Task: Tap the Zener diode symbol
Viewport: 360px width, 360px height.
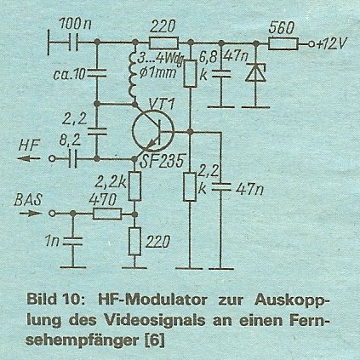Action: point(255,72)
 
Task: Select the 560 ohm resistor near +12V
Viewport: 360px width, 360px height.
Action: point(283,44)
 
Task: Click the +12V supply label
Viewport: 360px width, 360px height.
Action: point(331,44)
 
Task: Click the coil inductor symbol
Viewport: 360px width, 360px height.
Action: point(133,75)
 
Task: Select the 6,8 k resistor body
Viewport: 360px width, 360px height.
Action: point(190,73)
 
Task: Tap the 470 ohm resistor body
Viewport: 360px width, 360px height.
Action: point(107,214)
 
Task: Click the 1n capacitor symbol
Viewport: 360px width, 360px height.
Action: point(72,241)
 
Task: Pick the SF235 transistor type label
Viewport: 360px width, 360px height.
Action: point(162,163)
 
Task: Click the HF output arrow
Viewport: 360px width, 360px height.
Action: point(30,158)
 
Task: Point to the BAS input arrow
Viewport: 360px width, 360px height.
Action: point(30,214)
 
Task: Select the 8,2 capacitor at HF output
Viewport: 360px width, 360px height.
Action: point(72,158)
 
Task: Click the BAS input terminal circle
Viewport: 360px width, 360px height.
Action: point(52,214)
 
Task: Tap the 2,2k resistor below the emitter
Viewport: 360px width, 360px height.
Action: point(134,186)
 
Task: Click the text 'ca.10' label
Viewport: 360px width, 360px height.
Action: point(69,74)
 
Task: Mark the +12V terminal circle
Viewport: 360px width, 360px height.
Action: point(311,44)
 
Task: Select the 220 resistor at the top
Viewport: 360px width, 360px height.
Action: point(163,43)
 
